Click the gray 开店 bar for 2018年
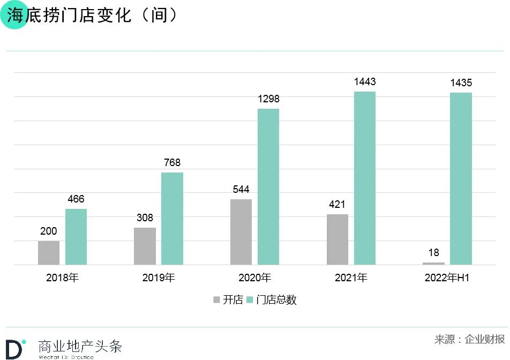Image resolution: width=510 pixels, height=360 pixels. point(49,252)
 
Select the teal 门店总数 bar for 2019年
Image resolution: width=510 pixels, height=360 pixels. point(172,219)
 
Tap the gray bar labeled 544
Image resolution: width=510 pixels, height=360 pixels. point(241,232)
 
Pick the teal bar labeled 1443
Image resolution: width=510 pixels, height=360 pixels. point(364,178)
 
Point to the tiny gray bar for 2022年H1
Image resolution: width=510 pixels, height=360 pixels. point(433,263)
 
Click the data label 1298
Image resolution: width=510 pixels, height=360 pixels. point(268,99)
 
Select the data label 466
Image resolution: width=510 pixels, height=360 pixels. point(76,199)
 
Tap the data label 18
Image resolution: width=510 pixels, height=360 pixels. point(433,253)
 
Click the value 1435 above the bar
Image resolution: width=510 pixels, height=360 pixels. point(461,83)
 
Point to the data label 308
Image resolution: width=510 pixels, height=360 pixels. point(145,218)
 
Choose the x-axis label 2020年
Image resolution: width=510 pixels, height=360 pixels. point(255,278)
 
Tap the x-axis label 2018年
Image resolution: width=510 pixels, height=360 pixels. point(62,278)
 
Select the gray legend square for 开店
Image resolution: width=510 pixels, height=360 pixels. point(216,300)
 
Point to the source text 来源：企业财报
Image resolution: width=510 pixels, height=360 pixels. point(469,339)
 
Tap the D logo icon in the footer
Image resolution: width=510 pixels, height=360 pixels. point(15,348)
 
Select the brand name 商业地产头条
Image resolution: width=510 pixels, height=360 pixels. point(80,346)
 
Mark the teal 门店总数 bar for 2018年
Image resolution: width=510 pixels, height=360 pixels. point(76,236)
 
